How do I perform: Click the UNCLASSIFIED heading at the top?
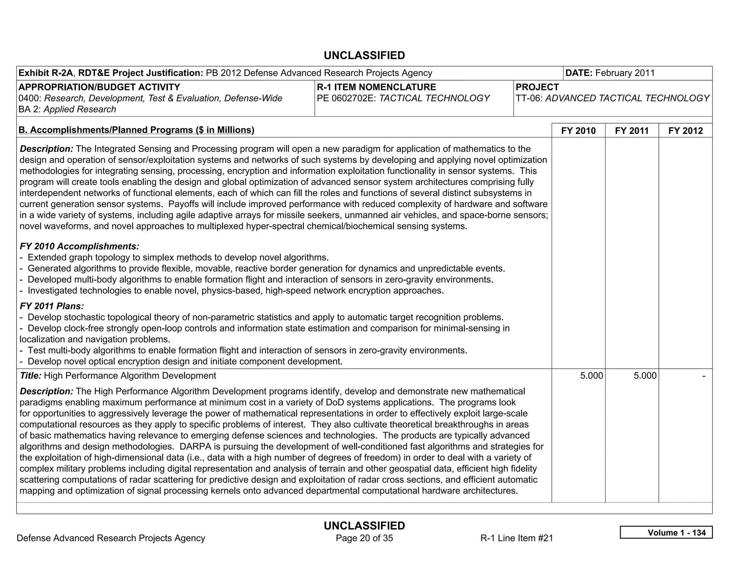tap(364, 56)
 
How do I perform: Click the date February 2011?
tap(625, 73)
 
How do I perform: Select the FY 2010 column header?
tap(578, 131)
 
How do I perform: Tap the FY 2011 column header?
tap(631, 131)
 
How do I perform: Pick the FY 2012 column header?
tap(685, 131)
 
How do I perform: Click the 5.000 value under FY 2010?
tap(591, 376)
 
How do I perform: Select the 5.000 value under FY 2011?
tap(645, 376)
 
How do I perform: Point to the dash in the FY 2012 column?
tap(703, 376)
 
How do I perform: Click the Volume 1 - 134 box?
tap(666, 532)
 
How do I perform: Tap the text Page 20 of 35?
tap(364, 538)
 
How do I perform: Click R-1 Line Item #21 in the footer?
tap(516, 538)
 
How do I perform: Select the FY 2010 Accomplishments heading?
tap(79, 246)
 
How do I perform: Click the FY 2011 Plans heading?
tap(52, 306)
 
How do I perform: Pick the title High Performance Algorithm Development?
tap(130, 376)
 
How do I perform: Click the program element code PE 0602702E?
tap(346, 98)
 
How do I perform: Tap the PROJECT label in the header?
tap(537, 87)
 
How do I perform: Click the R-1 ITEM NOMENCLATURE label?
tap(376, 87)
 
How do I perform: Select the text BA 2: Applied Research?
tap(67, 109)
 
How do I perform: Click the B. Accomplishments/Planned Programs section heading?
tap(136, 130)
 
